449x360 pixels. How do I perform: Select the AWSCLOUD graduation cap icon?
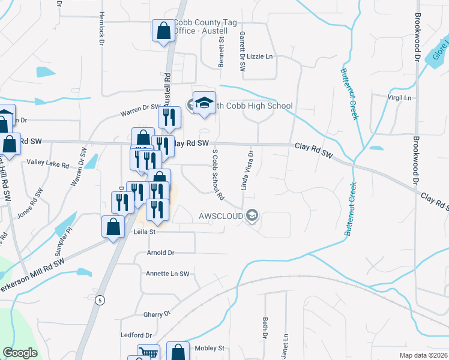click(x=253, y=215)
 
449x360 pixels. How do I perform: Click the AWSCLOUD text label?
click(x=221, y=215)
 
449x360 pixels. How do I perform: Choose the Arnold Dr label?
click(x=160, y=253)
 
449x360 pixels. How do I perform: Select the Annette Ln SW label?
click(x=167, y=274)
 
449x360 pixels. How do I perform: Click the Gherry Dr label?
click(x=158, y=314)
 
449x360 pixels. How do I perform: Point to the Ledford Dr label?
click(x=136, y=335)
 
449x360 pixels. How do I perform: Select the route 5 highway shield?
click(x=95, y=299)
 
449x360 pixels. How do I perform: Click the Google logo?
click(x=20, y=353)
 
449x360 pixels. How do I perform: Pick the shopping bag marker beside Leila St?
click(x=113, y=227)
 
